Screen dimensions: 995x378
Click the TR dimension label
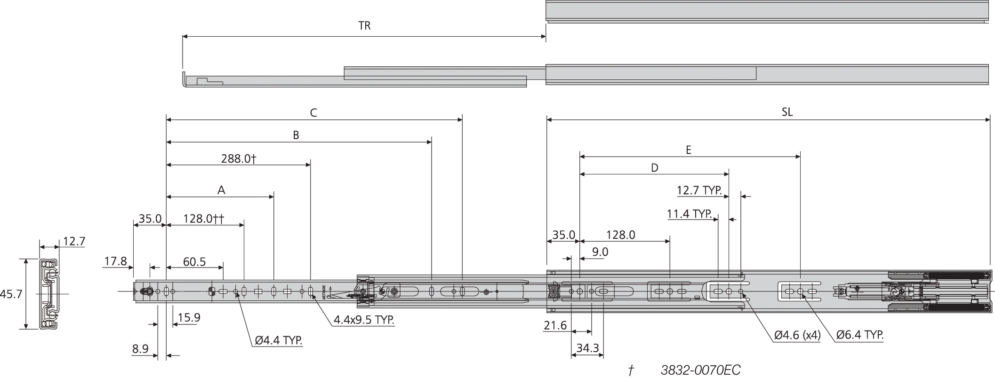[x=364, y=26]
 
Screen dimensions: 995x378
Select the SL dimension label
[x=787, y=112]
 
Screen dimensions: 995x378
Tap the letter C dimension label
[x=313, y=113]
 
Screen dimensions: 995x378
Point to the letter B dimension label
[x=296, y=135]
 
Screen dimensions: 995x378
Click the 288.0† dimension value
[x=239, y=158]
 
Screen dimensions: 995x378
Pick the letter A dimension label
[x=221, y=190]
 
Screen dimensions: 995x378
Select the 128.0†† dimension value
[x=203, y=219]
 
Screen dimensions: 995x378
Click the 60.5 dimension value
[x=194, y=261]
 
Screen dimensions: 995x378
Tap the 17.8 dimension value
[x=115, y=261]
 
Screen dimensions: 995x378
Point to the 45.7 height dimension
[x=11, y=294]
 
